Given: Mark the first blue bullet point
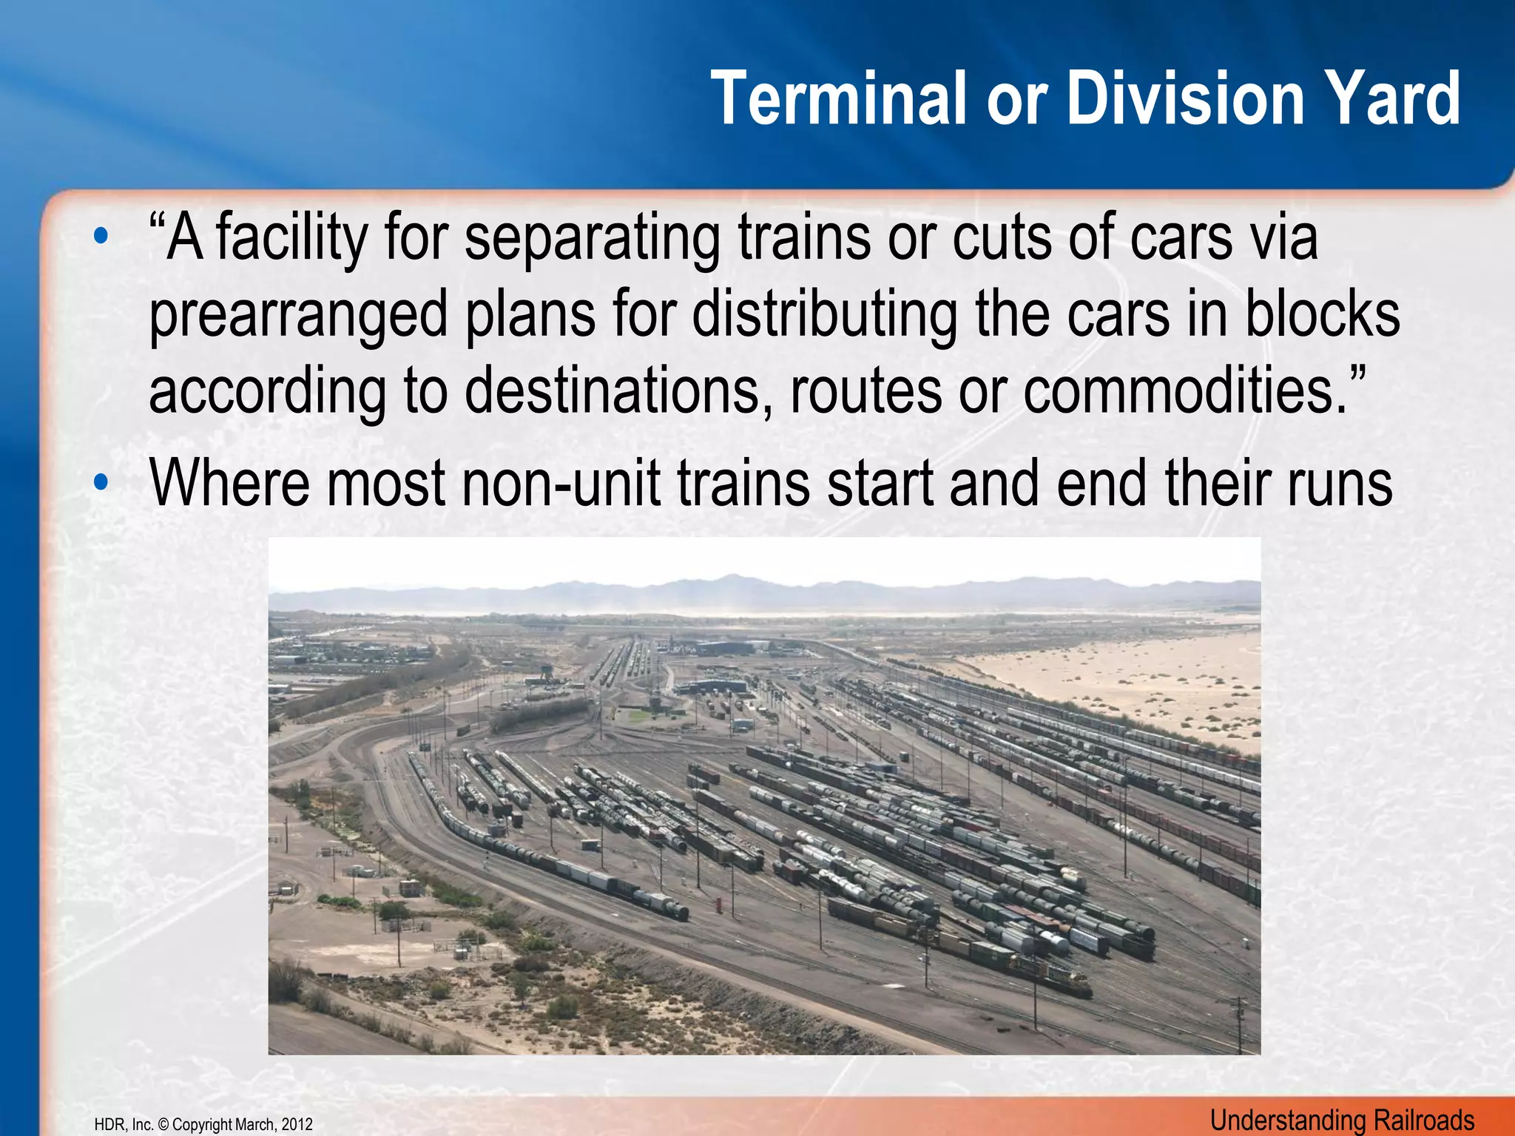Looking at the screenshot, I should pos(101,238).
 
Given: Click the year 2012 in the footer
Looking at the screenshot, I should pos(297,1125).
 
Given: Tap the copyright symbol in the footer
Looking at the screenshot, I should pos(163,1125).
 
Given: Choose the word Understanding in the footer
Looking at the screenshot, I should pos(1280,1120).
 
